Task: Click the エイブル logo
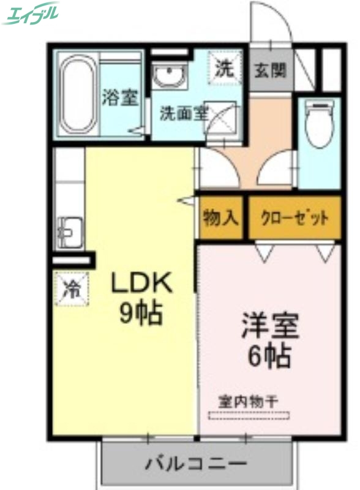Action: point(31,13)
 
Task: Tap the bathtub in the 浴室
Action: point(77,95)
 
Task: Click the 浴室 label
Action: point(120,97)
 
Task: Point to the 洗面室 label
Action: point(184,113)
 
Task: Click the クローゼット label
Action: point(294,217)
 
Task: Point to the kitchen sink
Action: point(69,232)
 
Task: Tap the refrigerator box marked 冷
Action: point(72,288)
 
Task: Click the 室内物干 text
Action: point(249,402)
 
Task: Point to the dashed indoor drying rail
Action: point(249,416)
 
